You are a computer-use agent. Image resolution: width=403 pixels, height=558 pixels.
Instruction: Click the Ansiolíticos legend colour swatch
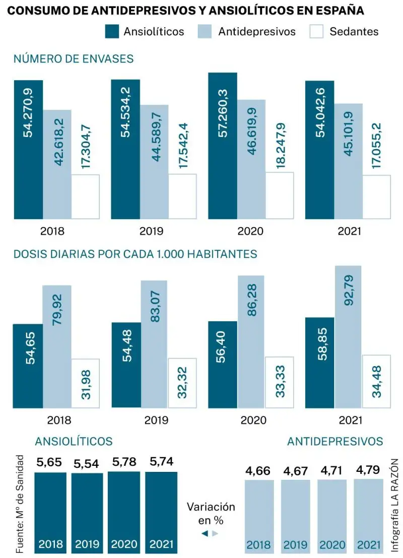pyautogui.click(x=111, y=31)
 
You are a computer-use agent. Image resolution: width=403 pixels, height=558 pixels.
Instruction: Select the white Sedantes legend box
pyautogui.click(x=317, y=31)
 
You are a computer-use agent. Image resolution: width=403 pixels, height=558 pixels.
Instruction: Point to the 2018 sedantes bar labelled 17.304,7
pyautogui.click(x=85, y=196)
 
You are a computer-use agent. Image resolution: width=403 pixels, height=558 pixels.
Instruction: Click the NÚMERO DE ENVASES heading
pyautogui.click(x=74, y=59)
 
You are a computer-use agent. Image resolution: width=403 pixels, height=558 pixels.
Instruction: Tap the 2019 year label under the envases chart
pyautogui.click(x=151, y=232)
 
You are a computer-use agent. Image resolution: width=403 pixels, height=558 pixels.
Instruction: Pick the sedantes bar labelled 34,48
pyautogui.click(x=376, y=381)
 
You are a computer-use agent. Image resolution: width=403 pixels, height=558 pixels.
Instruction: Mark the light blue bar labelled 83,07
pyautogui.click(x=155, y=343)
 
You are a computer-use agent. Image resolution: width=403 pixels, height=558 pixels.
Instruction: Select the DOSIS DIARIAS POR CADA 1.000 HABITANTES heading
pyautogui.click(x=135, y=254)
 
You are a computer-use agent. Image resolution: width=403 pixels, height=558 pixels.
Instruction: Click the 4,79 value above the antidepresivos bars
pyautogui.click(x=367, y=471)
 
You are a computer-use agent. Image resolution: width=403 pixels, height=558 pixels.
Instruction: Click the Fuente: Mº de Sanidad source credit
pyautogui.click(x=20, y=504)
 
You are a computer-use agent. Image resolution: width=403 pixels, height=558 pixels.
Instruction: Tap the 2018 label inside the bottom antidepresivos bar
pyautogui.click(x=258, y=545)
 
